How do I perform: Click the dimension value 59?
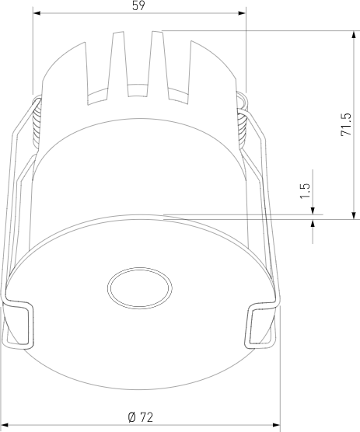point(138,6)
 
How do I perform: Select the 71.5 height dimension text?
point(347,125)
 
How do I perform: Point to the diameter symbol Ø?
point(132,417)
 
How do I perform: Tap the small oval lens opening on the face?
point(140,288)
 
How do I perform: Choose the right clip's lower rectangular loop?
point(261,326)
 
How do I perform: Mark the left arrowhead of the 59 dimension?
point(37,13)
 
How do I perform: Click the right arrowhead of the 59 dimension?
point(240,13)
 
